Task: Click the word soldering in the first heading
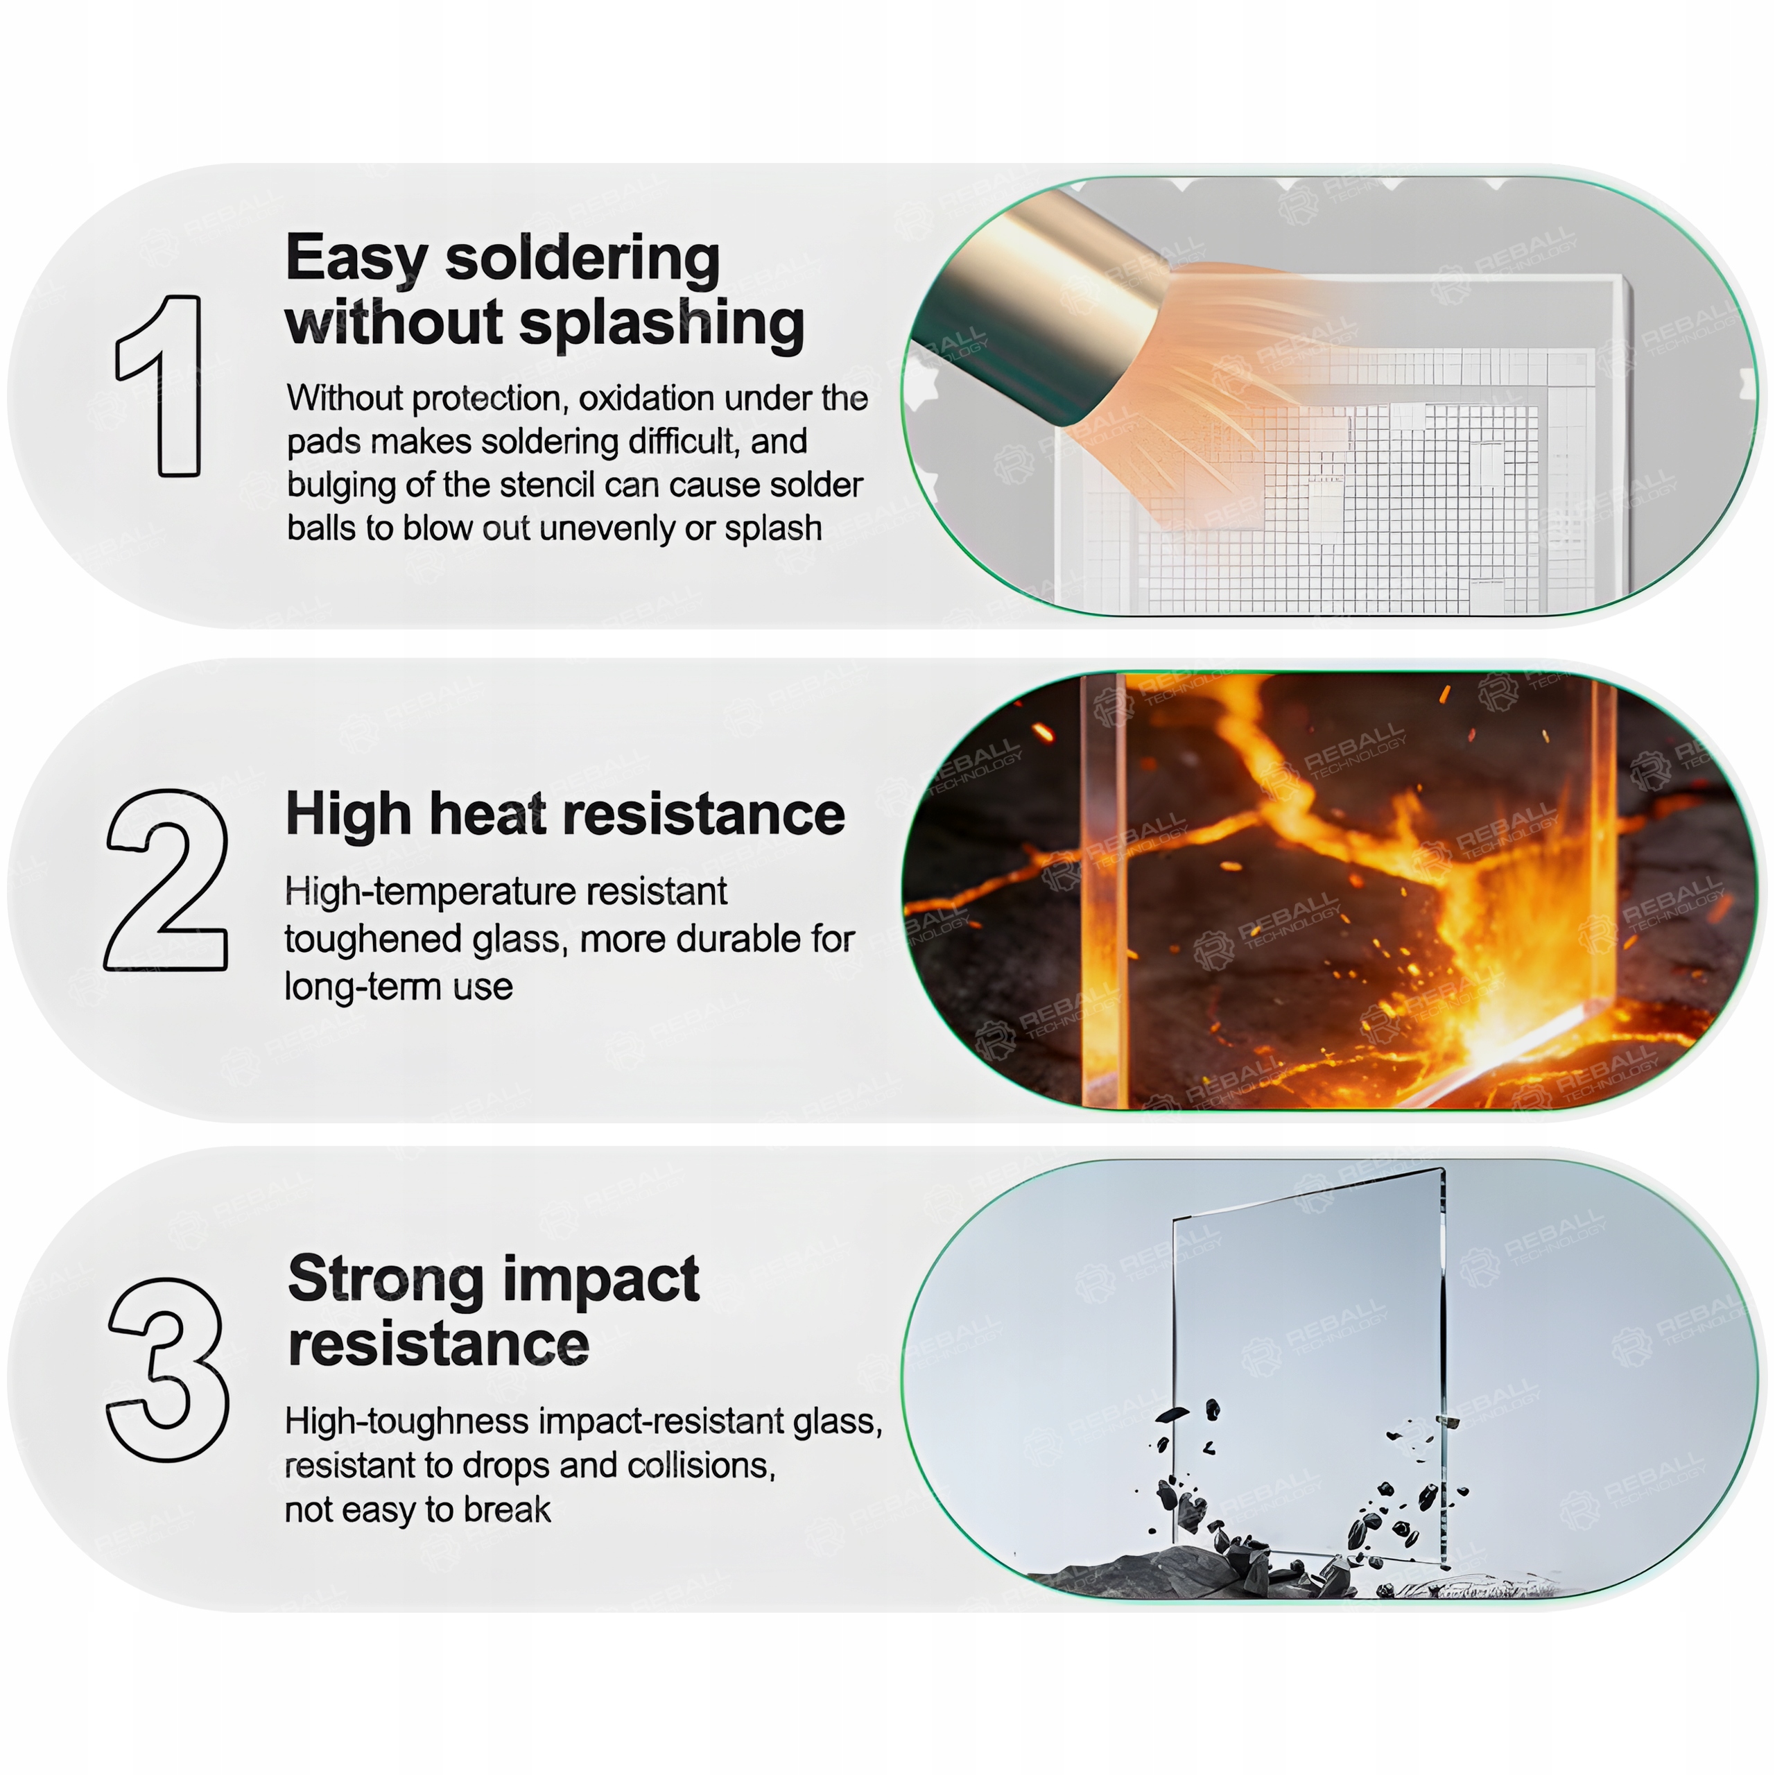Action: tap(582, 259)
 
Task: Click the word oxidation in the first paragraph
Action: tap(647, 399)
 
